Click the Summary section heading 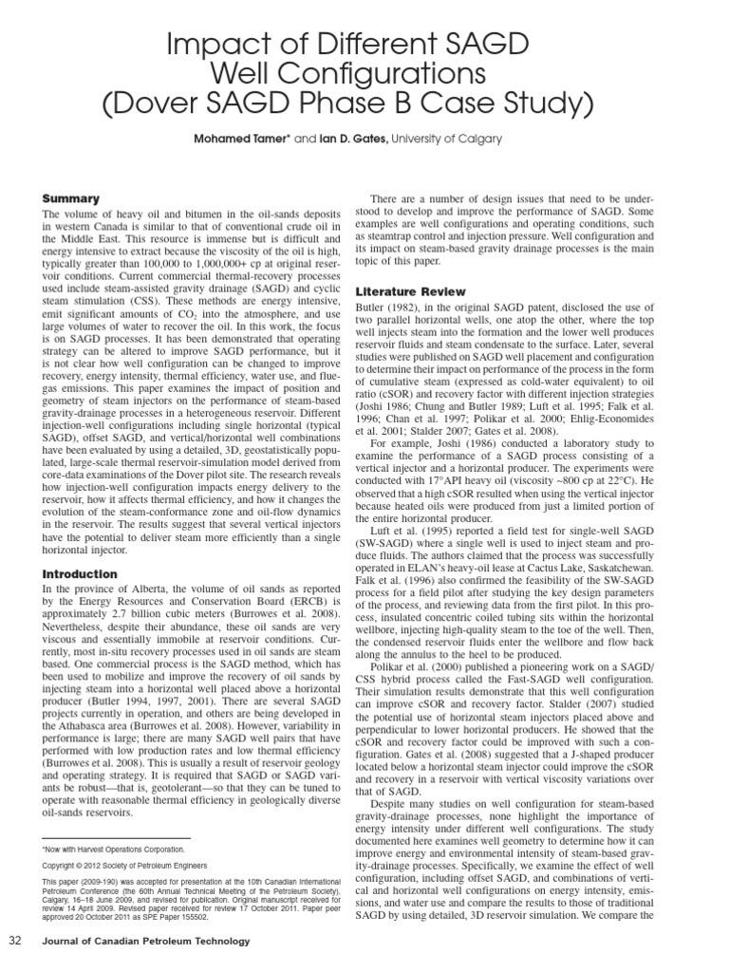pos(70,198)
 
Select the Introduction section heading pos(80,574)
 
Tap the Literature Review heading pos(410,290)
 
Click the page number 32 pos(16,941)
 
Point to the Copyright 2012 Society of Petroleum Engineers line pos(119,866)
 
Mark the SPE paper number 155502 pos(205,919)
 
